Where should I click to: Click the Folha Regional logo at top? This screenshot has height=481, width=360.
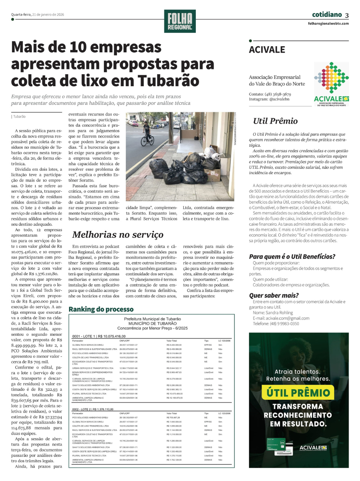click(180, 21)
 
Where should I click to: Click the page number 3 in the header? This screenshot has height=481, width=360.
click(347, 15)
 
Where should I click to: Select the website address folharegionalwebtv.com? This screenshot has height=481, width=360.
click(328, 23)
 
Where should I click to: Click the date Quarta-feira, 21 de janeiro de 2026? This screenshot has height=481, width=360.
click(37, 15)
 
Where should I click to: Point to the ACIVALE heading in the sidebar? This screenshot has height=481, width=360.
click(267, 50)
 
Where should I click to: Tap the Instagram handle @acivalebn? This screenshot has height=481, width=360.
click(279, 99)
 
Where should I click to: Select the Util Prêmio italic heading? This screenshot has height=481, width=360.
click(275, 121)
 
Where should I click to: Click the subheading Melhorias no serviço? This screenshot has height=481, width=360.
click(118, 235)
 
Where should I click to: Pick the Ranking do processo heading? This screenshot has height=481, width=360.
click(101, 309)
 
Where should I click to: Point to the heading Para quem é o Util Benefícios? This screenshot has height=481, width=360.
click(292, 257)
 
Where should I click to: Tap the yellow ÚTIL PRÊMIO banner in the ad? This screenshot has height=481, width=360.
click(298, 393)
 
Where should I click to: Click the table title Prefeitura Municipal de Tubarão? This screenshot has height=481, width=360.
click(152, 319)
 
